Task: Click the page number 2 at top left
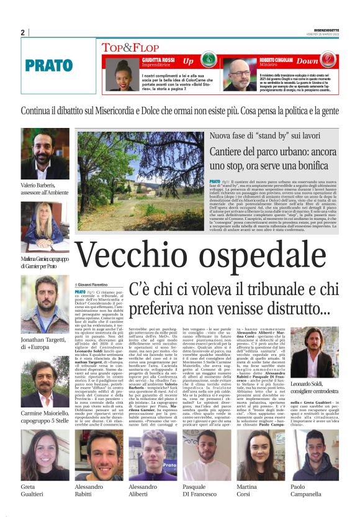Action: tap(23, 32)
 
